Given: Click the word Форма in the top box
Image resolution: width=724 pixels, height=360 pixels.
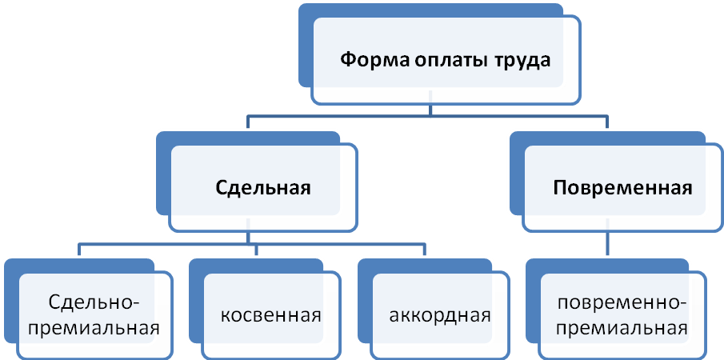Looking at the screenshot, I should point(370,60).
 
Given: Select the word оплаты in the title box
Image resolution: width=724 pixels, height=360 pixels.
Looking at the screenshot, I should point(439,60).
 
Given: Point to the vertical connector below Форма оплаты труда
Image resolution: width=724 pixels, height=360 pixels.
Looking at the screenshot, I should point(432,110).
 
